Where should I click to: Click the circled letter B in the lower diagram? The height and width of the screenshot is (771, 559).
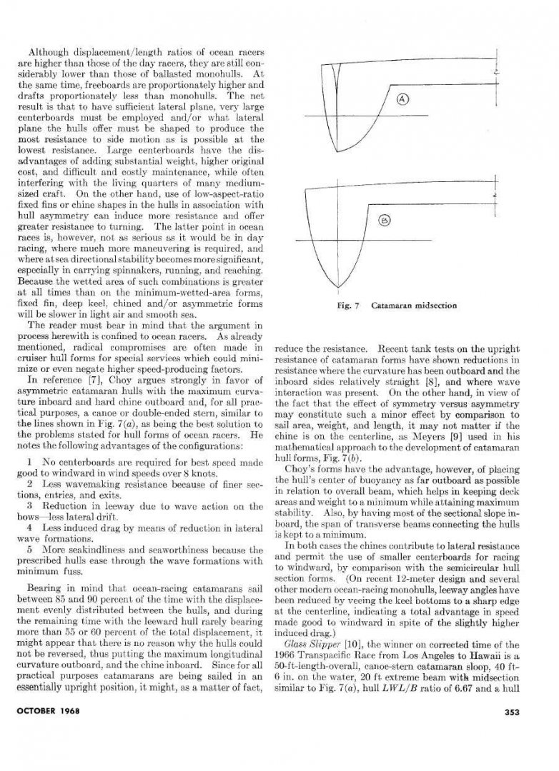click(383, 221)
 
